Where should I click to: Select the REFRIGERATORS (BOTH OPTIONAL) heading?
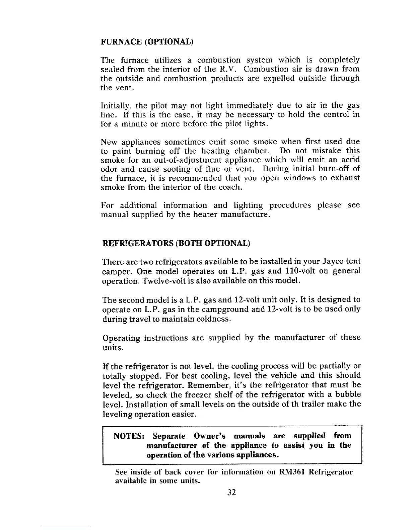(x=176, y=243)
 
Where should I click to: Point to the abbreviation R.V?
(x=229, y=70)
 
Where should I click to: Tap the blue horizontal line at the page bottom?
(x=66, y=527)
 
